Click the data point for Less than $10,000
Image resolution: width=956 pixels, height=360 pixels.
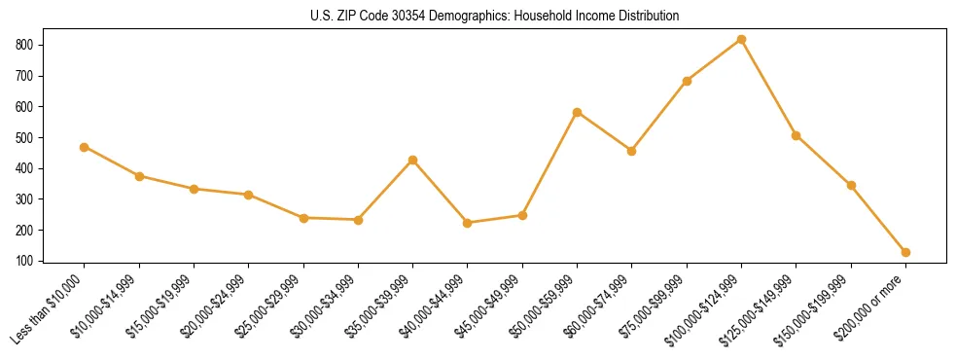[x=85, y=147]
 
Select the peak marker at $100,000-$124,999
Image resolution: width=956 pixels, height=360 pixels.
[x=741, y=39]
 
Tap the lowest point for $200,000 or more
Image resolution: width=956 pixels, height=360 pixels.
[x=905, y=252]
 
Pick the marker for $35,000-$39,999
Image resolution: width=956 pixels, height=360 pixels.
[x=413, y=160]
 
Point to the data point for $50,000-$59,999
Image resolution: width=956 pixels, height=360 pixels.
[x=577, y=112]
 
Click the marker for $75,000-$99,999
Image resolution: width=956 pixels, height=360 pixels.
[x=687, y=81]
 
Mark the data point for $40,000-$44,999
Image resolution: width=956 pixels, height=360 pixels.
[x=468, y=223]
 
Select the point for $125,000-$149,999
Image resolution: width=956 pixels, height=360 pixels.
[x=796, y=135]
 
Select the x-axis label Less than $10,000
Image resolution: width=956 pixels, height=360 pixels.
[x=49, y=309]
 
